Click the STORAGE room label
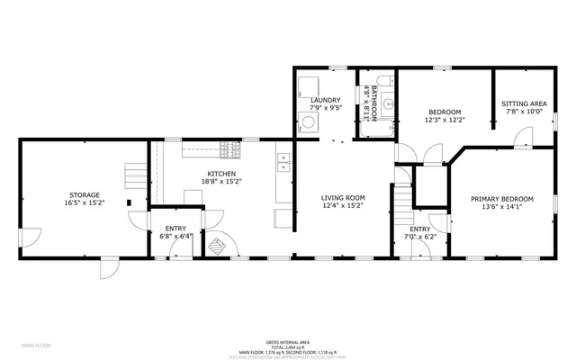(85, 194)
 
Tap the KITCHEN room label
(221, 174)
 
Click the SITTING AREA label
(524, 104)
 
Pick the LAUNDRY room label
(325, 100)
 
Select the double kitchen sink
(283, 162)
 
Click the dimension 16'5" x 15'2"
(85, 202)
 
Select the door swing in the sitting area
(520, 138)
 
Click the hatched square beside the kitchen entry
(216, 246)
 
